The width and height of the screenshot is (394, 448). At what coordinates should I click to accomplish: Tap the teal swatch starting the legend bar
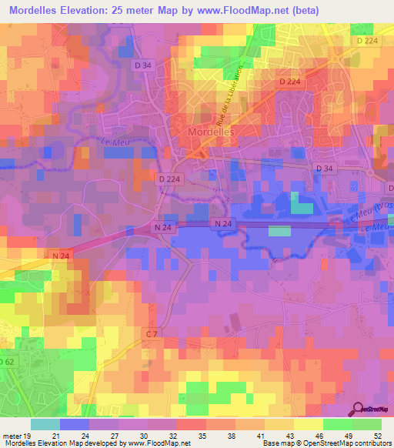click(x=45, y=425)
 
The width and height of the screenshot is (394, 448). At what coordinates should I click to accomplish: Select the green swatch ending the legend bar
click(x=367, y=425)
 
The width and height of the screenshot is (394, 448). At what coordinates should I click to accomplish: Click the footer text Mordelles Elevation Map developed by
click(x=62, y=443)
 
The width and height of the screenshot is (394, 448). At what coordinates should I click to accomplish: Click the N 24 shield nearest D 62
click(x=62, y=254)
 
